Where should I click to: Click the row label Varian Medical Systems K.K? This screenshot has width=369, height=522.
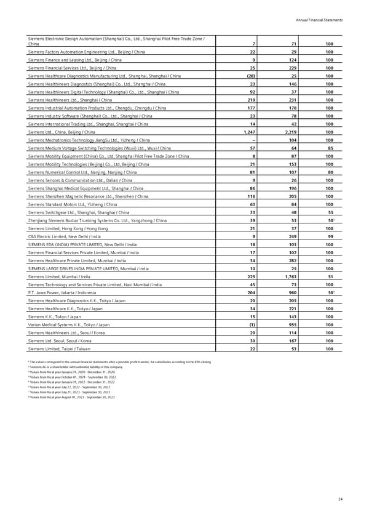[69, 325]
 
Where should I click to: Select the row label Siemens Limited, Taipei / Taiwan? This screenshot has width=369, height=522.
[61, 350]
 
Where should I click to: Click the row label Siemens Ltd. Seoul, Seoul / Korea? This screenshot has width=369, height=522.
[65, 341]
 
